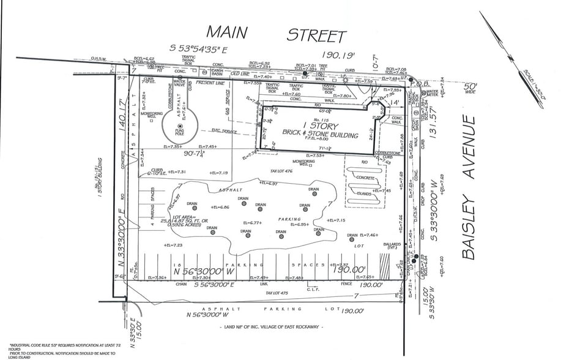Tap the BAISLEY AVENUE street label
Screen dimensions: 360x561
coord(469,188)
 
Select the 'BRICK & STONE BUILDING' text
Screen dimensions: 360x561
coord(320,132)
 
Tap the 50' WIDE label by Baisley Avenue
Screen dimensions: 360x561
coord(472,91)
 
